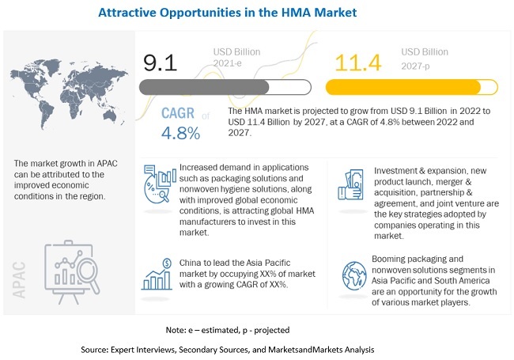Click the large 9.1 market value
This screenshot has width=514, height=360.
pos(161,61)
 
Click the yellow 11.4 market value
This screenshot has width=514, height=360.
pos(356,63)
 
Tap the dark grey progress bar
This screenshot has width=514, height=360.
pos(205,86)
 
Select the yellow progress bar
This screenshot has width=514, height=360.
pos(403,86)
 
